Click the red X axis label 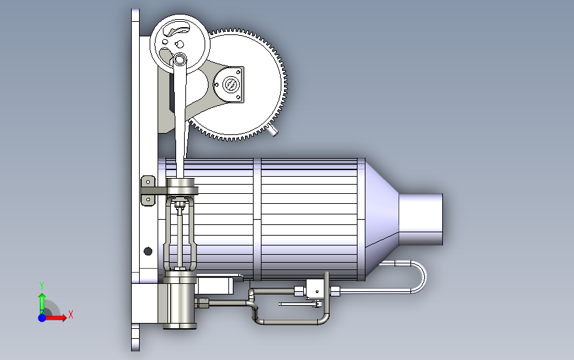coord(71,314)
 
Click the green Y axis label coord(42,286)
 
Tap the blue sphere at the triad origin coord(42,318)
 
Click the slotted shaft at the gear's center coord(230,85)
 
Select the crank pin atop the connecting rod coord(179,60)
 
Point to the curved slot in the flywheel coord(176,28)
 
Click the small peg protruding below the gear coord(273,130)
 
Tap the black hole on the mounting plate coord(148,251)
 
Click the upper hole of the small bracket coord(148,182)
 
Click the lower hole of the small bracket coord(148,200)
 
